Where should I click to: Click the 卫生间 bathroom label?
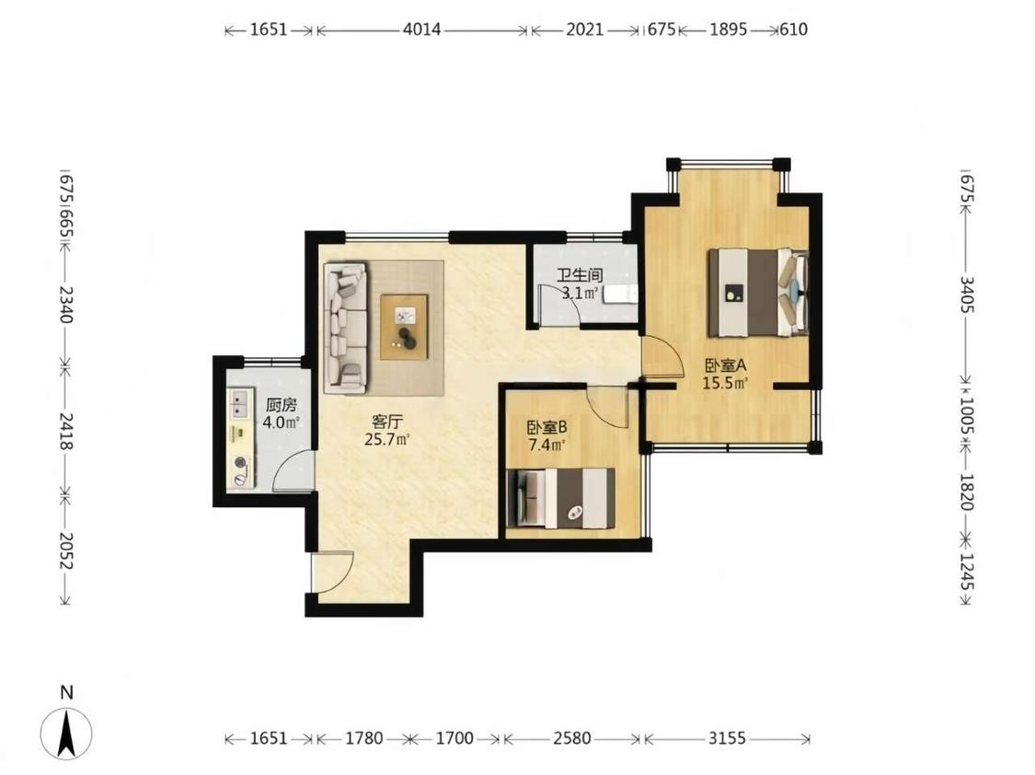(579, 275)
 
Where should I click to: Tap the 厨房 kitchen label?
(282, 405)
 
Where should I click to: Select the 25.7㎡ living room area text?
(387, 439)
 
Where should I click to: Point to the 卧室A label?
(725, 365)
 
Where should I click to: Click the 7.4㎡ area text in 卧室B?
(547, 445)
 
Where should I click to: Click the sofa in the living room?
(345, 327)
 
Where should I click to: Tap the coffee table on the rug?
(404, 327)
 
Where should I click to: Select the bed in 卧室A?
(758, 291)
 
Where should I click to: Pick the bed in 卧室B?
(560, 498)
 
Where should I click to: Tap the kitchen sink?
(239, 403)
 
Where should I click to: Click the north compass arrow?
(66, 733)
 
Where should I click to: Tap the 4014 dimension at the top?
(421, 29)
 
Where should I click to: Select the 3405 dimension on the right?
(966, 295)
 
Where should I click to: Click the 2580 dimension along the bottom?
(571, 738)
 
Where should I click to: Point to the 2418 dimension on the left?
(66, 431)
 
